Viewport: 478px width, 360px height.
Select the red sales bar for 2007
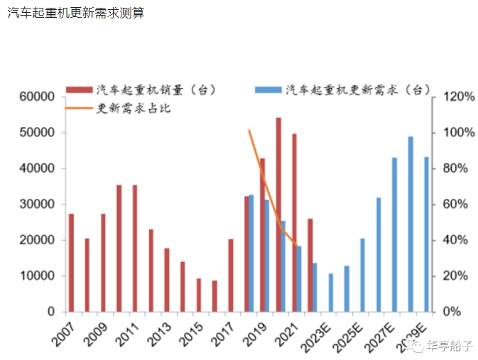click(x=71, y=263)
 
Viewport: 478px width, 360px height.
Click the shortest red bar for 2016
click(x=214, y=296)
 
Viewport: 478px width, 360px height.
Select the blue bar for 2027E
click(x=394, y=235)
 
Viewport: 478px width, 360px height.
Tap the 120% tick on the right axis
click(x=455, y=97)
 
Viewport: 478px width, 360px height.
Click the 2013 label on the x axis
click(x=159, y=331)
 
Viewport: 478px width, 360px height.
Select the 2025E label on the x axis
click(x=350, y=334)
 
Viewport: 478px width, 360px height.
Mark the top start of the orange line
click(x=249, y=131)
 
